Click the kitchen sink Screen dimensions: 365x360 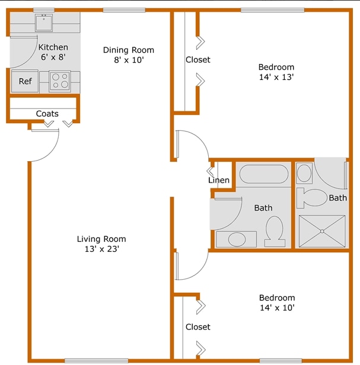pyautogui.click(x=43, y=23)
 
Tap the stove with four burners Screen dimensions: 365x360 pyautogui.click(x=60, y=81)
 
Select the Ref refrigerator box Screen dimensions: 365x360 pyautogui.click(x=25, y=81)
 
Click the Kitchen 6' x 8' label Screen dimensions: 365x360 pyautogui.click(x=53, y=52)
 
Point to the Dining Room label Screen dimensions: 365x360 pyautogui.click(x=128, y=55)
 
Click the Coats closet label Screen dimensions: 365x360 pyautogui.click(x=47, y=113)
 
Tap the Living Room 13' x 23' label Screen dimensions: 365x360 pyautogui.click(x=101, y=244)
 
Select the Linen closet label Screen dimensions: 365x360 pyautogui.click(x=218, y=180)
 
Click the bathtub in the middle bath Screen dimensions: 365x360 pyautogui.click(x=264, y=175)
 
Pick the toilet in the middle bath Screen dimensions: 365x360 pyautogui.click(x=274, y=230)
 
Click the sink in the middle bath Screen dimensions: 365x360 pyautogui.click(x=236, y=239)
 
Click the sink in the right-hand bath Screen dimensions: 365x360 pyautogui.click(x=304, y=173)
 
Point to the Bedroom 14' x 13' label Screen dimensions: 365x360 pyautogui.click(x=276, y=72)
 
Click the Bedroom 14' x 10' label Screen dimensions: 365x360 pyautogui.click(x=277, y=302)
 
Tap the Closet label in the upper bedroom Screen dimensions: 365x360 pyautogui.click(x=198, y=60)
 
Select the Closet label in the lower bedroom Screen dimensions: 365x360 pyautogui.click(x=198, y=326)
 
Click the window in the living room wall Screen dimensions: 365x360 pyautogui.click(x=96, y=360)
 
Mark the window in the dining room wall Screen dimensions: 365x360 pyautogui.click(x=124, y=10)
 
